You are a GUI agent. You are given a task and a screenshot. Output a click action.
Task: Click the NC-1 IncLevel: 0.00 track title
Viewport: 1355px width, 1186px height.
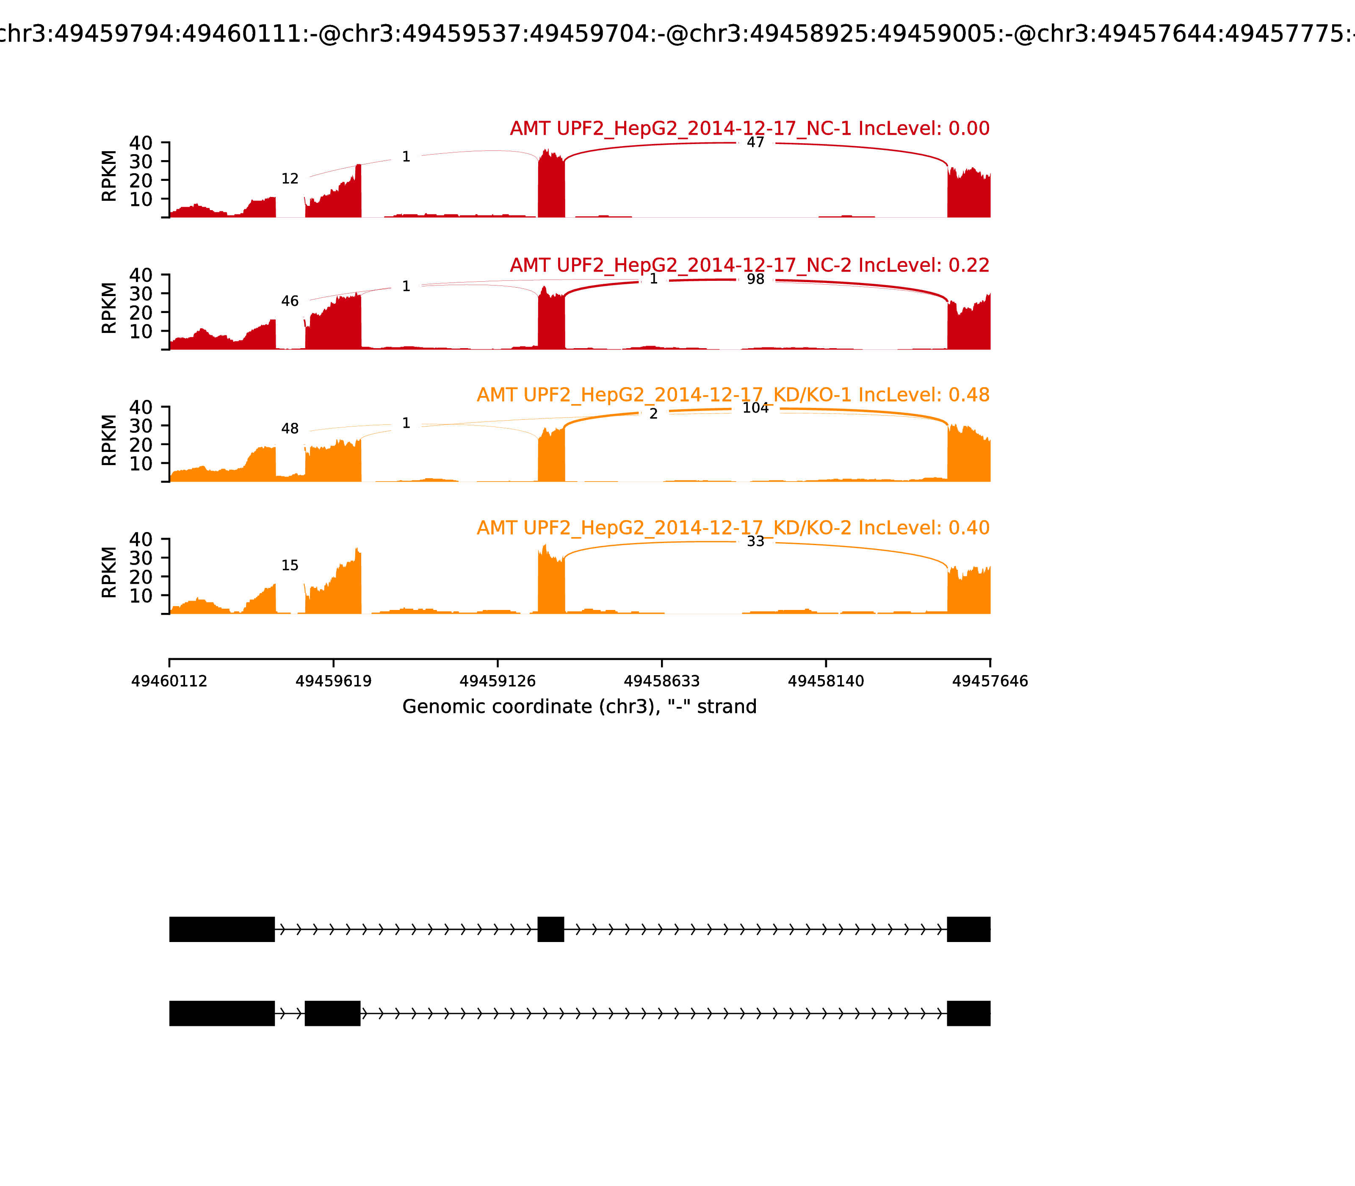point(749,128)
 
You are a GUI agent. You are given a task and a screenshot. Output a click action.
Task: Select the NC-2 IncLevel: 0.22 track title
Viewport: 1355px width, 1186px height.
point(749,266)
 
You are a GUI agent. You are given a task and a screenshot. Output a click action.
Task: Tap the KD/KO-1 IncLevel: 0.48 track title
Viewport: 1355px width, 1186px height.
point(733,395)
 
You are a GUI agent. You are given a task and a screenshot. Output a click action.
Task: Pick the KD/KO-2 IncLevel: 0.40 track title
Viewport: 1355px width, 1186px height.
point(733,528)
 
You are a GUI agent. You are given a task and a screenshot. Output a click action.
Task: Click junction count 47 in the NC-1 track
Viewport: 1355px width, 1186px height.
point(755,143)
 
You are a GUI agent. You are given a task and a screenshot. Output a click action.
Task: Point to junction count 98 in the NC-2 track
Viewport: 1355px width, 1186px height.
point(755,279)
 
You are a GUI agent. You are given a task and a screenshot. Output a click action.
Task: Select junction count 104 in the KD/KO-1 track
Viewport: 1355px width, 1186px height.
point(755,408)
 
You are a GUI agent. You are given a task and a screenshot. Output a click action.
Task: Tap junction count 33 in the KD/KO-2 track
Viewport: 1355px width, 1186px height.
point(755,541)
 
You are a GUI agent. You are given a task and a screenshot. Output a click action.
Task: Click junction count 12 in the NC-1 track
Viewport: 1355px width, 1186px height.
point(290,179)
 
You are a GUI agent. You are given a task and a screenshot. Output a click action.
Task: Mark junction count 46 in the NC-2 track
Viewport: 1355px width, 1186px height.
point(290,301)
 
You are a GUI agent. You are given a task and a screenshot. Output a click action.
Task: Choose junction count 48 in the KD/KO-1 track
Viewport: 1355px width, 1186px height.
point(290,429)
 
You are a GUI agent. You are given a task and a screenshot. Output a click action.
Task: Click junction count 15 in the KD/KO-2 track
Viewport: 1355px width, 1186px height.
point(290,565)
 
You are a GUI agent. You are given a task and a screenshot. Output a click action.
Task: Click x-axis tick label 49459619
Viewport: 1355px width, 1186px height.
point(334,681)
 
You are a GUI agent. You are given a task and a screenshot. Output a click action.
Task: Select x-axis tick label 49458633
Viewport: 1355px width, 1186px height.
point(661,681)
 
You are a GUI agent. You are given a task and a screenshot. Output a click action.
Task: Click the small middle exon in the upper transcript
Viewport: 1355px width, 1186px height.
point(550,929)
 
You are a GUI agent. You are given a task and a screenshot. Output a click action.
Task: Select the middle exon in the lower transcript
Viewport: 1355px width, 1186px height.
point(332,1013)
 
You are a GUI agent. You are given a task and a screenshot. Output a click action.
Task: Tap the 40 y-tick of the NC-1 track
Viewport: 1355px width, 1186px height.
point(140,143)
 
